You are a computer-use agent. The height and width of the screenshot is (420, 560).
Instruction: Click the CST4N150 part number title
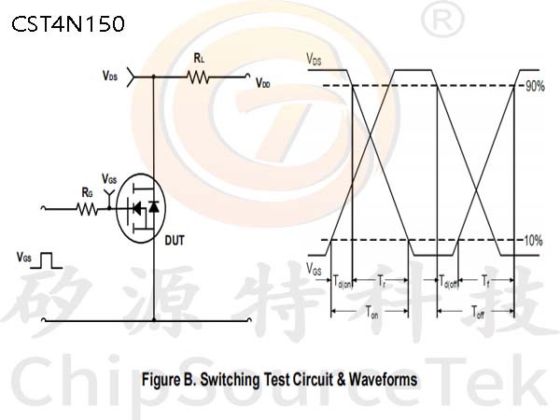click(68, 24)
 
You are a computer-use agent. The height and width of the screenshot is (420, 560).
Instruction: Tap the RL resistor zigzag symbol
click(198, 77)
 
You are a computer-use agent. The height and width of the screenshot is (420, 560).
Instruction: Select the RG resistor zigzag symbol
click(87, 209)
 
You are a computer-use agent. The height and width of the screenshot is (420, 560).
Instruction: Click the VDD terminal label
click(263, 84)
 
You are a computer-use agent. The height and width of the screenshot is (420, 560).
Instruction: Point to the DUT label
click(175, 241)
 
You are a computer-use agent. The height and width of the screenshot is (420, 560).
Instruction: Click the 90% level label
click(535, 86)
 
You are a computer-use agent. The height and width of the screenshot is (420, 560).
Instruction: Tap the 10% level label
click(533, 241)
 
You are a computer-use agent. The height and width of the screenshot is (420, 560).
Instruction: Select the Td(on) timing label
click(343, 282)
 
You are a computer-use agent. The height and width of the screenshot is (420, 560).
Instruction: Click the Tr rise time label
click(382, 281)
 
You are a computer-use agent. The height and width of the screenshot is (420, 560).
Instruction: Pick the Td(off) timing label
click(448, 282)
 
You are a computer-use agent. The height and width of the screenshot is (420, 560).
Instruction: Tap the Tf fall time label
click(485, 281)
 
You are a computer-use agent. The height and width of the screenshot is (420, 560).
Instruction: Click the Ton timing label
click(371, 312)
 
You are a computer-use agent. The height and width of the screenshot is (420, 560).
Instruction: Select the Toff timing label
click(478, 312)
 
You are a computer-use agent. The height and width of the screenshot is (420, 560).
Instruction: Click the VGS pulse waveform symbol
click(47, 260)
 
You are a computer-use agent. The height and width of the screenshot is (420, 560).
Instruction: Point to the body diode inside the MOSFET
click(154, 206)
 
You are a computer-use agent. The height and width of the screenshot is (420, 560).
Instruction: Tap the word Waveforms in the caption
click(383, 379)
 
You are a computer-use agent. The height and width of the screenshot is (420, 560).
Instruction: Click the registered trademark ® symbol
click(442, 21)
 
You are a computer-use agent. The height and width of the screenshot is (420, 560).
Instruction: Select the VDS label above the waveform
click(314, 59)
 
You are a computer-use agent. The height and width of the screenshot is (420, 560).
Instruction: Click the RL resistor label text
click(199, 58)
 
